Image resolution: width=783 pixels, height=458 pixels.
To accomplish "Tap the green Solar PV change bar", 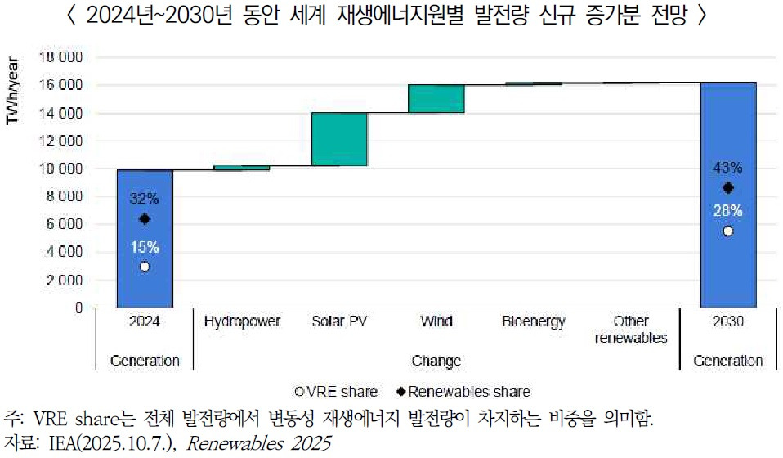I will point(338,139).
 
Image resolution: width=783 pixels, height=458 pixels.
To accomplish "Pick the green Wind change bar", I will point(436,98).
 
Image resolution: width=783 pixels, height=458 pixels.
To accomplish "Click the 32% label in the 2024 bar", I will point(145,197).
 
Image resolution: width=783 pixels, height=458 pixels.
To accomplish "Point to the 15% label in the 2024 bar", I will point(145,245).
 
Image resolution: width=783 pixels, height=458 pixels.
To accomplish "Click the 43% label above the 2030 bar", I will point(727,168).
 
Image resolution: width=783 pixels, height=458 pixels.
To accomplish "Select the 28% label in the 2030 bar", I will point(727,211).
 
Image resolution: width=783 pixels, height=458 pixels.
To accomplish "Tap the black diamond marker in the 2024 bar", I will point(145,218).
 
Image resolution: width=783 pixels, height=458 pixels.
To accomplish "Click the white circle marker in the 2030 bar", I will point(727,231).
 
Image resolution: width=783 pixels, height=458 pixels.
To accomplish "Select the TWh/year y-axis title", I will point(12,90).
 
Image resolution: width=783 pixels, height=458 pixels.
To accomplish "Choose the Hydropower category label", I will point(242,321).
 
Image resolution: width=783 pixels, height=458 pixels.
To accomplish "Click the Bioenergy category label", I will point(533,321).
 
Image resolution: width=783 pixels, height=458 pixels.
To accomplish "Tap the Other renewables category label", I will point(630,329).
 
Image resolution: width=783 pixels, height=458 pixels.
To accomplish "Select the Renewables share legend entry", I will point(463,392).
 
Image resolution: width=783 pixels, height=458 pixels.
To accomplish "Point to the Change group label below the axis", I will point(436,361).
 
